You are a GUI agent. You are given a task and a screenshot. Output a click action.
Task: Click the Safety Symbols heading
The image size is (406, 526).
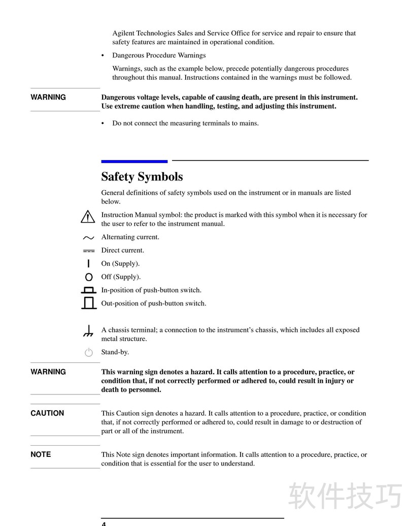pos(142,177)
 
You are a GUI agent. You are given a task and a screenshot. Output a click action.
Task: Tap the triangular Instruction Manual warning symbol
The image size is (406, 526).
pos(88,217)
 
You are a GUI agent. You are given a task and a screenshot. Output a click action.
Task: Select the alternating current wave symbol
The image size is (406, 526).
pos(88,237)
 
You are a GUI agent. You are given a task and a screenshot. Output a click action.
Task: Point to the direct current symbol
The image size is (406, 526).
pos(88,251)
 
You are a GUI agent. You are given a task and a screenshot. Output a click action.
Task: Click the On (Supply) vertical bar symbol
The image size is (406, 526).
pos(89,263)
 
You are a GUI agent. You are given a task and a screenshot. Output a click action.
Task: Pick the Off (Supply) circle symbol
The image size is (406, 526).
pos(89,277)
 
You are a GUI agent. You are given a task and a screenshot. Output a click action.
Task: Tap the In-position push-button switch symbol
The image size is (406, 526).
pos(89,290)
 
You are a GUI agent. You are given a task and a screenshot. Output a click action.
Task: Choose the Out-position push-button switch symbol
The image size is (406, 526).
pos(89,303)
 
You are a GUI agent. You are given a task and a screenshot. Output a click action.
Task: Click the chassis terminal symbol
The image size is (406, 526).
pos(88,332)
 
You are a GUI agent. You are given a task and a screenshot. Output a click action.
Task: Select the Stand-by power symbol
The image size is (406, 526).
pos(89,352)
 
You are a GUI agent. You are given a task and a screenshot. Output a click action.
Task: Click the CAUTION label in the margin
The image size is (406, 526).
pos(47,413)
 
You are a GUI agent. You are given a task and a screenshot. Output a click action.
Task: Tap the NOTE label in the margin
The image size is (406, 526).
pos(41,454)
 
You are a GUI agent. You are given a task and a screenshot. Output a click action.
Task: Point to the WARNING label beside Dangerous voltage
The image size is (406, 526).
pos(48,97)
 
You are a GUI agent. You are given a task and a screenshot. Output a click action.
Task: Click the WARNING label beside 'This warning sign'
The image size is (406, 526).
pos(48,372)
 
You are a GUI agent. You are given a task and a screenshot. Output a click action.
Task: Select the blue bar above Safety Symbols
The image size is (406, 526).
pos(134,161)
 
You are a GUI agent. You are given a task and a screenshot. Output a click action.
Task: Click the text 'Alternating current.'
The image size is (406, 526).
pos(130,237)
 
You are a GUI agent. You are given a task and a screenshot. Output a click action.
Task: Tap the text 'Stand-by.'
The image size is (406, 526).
pos(115,352)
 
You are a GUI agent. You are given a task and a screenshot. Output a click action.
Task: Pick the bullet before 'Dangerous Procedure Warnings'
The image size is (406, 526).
pos(103,55)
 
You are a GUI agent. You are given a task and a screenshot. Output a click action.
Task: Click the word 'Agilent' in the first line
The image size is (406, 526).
pos(123,33)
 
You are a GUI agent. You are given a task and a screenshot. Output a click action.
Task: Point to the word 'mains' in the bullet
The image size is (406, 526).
pos(248,123)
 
